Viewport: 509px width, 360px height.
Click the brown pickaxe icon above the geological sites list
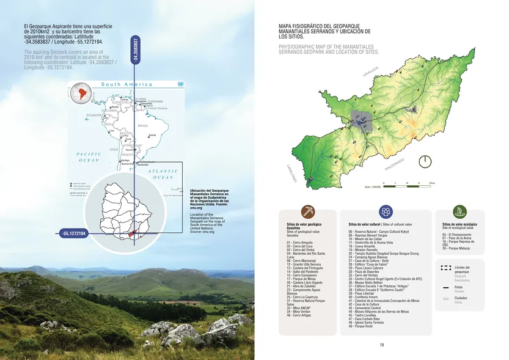coord(307,211)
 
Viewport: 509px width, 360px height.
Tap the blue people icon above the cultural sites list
coord(386,211)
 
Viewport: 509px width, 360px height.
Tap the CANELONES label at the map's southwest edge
coord(291,172)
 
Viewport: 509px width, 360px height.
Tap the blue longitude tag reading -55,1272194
coord(74,233)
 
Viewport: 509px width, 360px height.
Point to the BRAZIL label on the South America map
coord(144,126)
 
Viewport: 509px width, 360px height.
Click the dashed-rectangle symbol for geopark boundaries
coord(445,268)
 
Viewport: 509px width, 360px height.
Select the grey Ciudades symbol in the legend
coord(445,298)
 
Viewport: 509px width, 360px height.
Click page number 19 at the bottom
coord(381,345)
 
